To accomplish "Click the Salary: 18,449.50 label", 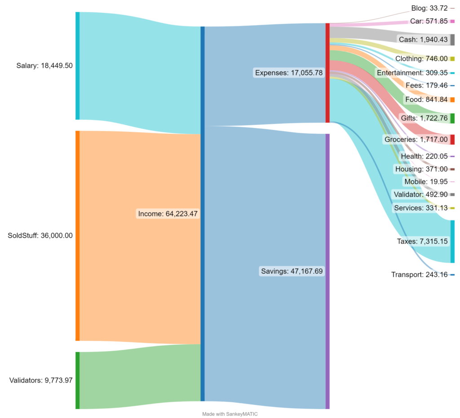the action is [44, 66].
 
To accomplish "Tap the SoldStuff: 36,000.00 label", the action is [40, 236].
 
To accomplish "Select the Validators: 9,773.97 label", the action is [41, 380].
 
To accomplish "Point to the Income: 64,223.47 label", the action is [168, 214].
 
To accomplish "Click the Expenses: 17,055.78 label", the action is [289, 73].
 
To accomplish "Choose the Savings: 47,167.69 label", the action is [292, 271].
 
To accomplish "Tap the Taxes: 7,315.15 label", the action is [422, 241].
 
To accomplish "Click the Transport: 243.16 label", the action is [420, 275].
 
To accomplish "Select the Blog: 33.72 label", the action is [429, 8].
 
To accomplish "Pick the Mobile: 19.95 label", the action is [426, 182].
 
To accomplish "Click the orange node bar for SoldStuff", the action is [77, 236].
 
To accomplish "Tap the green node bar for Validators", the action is [77, 380].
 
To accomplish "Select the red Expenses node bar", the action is [327, 73].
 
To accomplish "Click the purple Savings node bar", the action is [327, 272].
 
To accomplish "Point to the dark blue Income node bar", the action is [203, 214].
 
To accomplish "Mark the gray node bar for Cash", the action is [453, 40].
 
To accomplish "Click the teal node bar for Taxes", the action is [453, 242].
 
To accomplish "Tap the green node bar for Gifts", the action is [453, 118].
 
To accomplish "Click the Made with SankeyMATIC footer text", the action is [230, 414].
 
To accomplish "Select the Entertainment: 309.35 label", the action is [412, 73].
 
